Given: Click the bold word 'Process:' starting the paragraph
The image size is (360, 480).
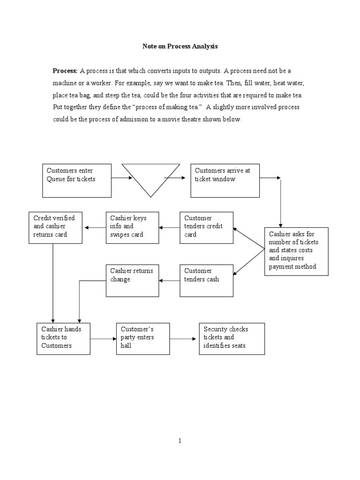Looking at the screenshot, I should point(65,71).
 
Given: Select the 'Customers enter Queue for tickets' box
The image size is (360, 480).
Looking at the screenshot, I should point(77,180).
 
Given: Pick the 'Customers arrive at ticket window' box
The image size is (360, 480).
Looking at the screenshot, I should point(225,180).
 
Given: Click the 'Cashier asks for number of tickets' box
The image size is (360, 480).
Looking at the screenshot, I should point(296,251).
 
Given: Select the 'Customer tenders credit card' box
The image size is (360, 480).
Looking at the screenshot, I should point(207,227).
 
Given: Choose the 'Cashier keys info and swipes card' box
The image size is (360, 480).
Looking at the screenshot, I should point(132,227).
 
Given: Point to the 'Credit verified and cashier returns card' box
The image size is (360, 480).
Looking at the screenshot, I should point(55,227).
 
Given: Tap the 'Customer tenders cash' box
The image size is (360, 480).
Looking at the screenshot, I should point(207,280).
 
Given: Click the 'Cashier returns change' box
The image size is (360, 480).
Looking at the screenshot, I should point(132,280).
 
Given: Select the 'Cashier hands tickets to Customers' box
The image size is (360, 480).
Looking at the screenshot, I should point(63,338).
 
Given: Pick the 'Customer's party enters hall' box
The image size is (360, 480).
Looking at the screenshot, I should point(141,338).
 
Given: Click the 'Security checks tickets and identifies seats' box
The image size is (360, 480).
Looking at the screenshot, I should point(232,338).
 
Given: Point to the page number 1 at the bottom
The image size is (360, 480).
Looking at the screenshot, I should point(180,441).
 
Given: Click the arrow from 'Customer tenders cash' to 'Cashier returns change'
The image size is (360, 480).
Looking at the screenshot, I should point(170,280).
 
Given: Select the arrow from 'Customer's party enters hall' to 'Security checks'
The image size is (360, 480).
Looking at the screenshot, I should point(181,338).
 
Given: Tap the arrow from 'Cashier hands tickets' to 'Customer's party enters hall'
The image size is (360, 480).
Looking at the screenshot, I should point(103,338).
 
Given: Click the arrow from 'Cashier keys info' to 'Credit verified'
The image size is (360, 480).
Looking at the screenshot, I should point(94,227).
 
